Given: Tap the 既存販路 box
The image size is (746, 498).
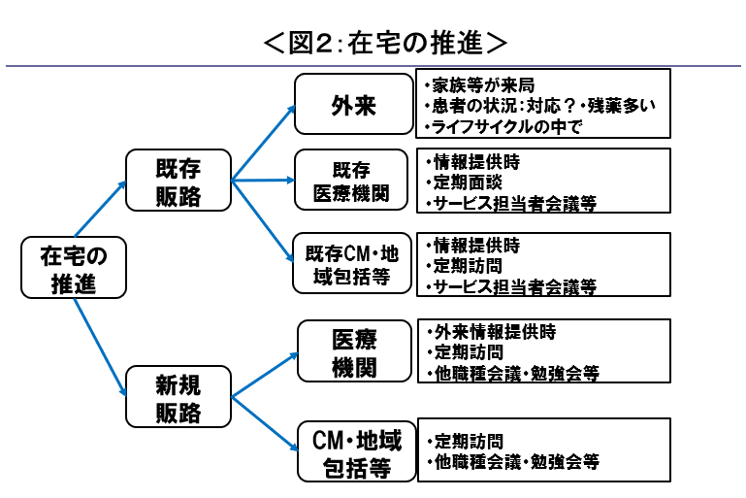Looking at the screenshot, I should point(178,180).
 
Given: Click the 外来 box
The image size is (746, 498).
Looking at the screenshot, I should point(354,104).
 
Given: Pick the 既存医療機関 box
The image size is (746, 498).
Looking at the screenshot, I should point(354,180).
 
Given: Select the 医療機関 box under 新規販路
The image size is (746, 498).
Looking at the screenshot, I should point(354,352).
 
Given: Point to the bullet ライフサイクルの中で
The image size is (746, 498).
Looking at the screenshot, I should point(504,126).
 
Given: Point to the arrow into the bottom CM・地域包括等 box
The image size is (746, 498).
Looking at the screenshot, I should point(264,422).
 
